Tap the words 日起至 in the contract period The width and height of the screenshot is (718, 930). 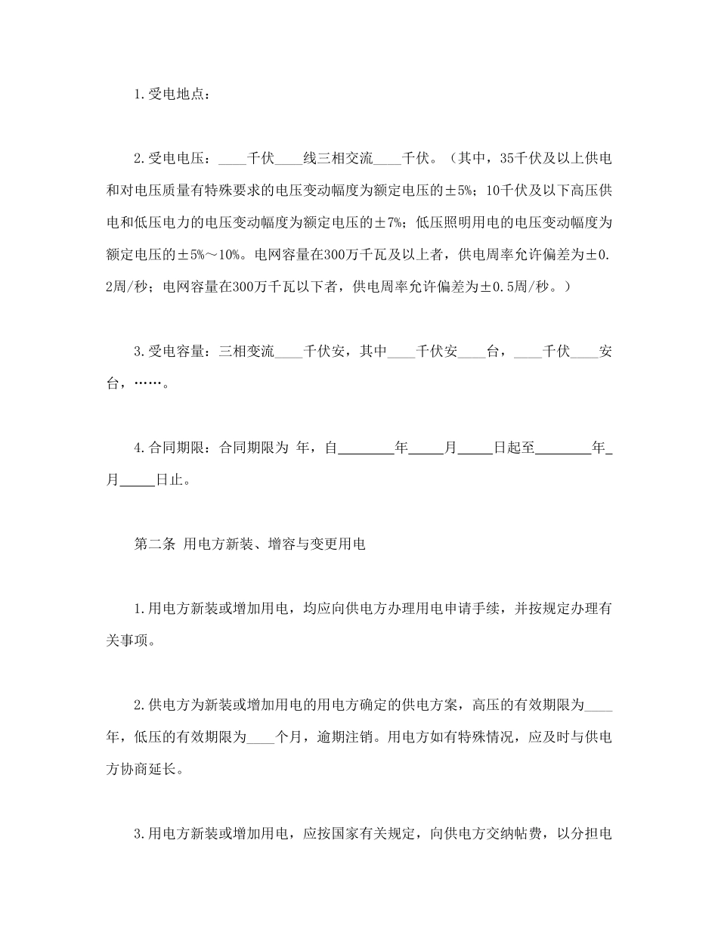coord(514,448)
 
